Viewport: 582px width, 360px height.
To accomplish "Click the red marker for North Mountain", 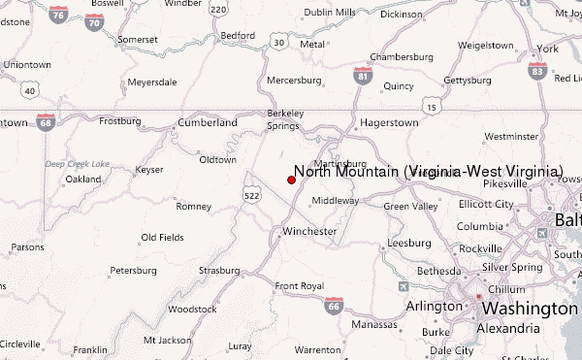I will click(291, 180).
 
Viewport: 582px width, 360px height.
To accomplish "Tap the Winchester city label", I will click(309, 231).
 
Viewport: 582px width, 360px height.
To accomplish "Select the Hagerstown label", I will click(388, 123).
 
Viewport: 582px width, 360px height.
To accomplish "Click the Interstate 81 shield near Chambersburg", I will click(362, 76).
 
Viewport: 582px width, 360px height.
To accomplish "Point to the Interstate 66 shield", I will click(333, 307).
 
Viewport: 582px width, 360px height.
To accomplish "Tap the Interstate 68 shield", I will click(46, 121).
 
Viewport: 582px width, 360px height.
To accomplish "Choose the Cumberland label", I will click(208, 123).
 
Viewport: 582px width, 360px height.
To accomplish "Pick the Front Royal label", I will click(299, 286).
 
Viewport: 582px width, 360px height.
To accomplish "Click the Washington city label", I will click(530, 308).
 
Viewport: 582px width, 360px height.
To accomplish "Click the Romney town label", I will click(193, 206).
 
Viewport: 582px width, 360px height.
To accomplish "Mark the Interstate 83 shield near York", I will click(536, 70).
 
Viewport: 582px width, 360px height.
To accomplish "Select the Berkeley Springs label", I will click(285, 119).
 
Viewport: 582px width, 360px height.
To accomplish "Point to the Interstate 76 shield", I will click(59, 15).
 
